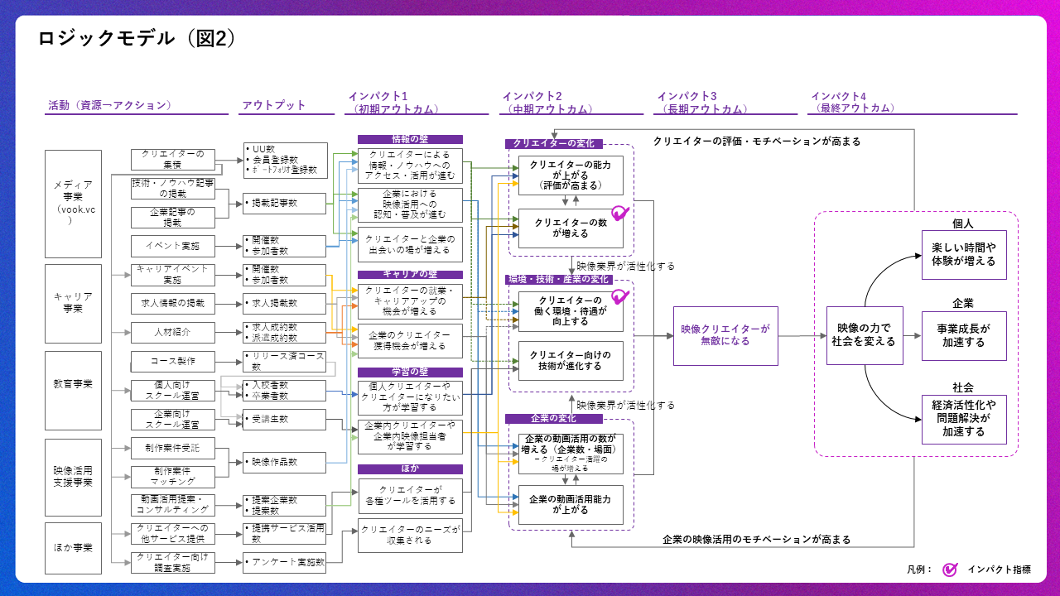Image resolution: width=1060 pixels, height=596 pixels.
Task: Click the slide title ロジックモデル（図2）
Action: coord(137,39)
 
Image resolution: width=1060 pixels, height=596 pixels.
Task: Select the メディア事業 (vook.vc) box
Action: coord(73,203)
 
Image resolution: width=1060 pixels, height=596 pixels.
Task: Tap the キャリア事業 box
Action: coord(73,303)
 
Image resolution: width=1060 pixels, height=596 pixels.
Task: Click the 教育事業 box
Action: coord(73,384)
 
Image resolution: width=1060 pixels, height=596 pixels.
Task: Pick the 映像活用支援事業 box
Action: coord(73,476)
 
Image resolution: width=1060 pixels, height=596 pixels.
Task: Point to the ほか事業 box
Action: coord(73,547)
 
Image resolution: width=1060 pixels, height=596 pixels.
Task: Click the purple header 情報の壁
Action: coord(410,140)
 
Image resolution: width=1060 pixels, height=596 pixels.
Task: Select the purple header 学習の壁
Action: coord(410,372)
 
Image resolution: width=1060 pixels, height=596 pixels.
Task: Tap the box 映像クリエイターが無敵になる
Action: coord(725,334)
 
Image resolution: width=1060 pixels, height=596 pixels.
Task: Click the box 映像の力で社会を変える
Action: coord(865,334)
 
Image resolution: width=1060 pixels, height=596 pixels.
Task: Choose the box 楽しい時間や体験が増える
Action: coord(964,255)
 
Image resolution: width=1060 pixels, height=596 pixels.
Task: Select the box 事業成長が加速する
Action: coord(964,335)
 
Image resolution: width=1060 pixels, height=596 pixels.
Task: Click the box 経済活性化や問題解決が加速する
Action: coord(964,418)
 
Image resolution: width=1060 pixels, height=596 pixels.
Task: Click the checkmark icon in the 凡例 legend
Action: coord(951,569)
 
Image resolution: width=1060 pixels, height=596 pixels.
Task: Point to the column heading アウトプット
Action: coord(273,105)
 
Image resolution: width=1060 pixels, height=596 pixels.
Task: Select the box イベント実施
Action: coord(173,246)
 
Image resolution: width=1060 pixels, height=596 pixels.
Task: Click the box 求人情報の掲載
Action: coord(173,304)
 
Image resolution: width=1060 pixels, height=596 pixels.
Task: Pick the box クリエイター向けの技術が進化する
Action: coord(571,360)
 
